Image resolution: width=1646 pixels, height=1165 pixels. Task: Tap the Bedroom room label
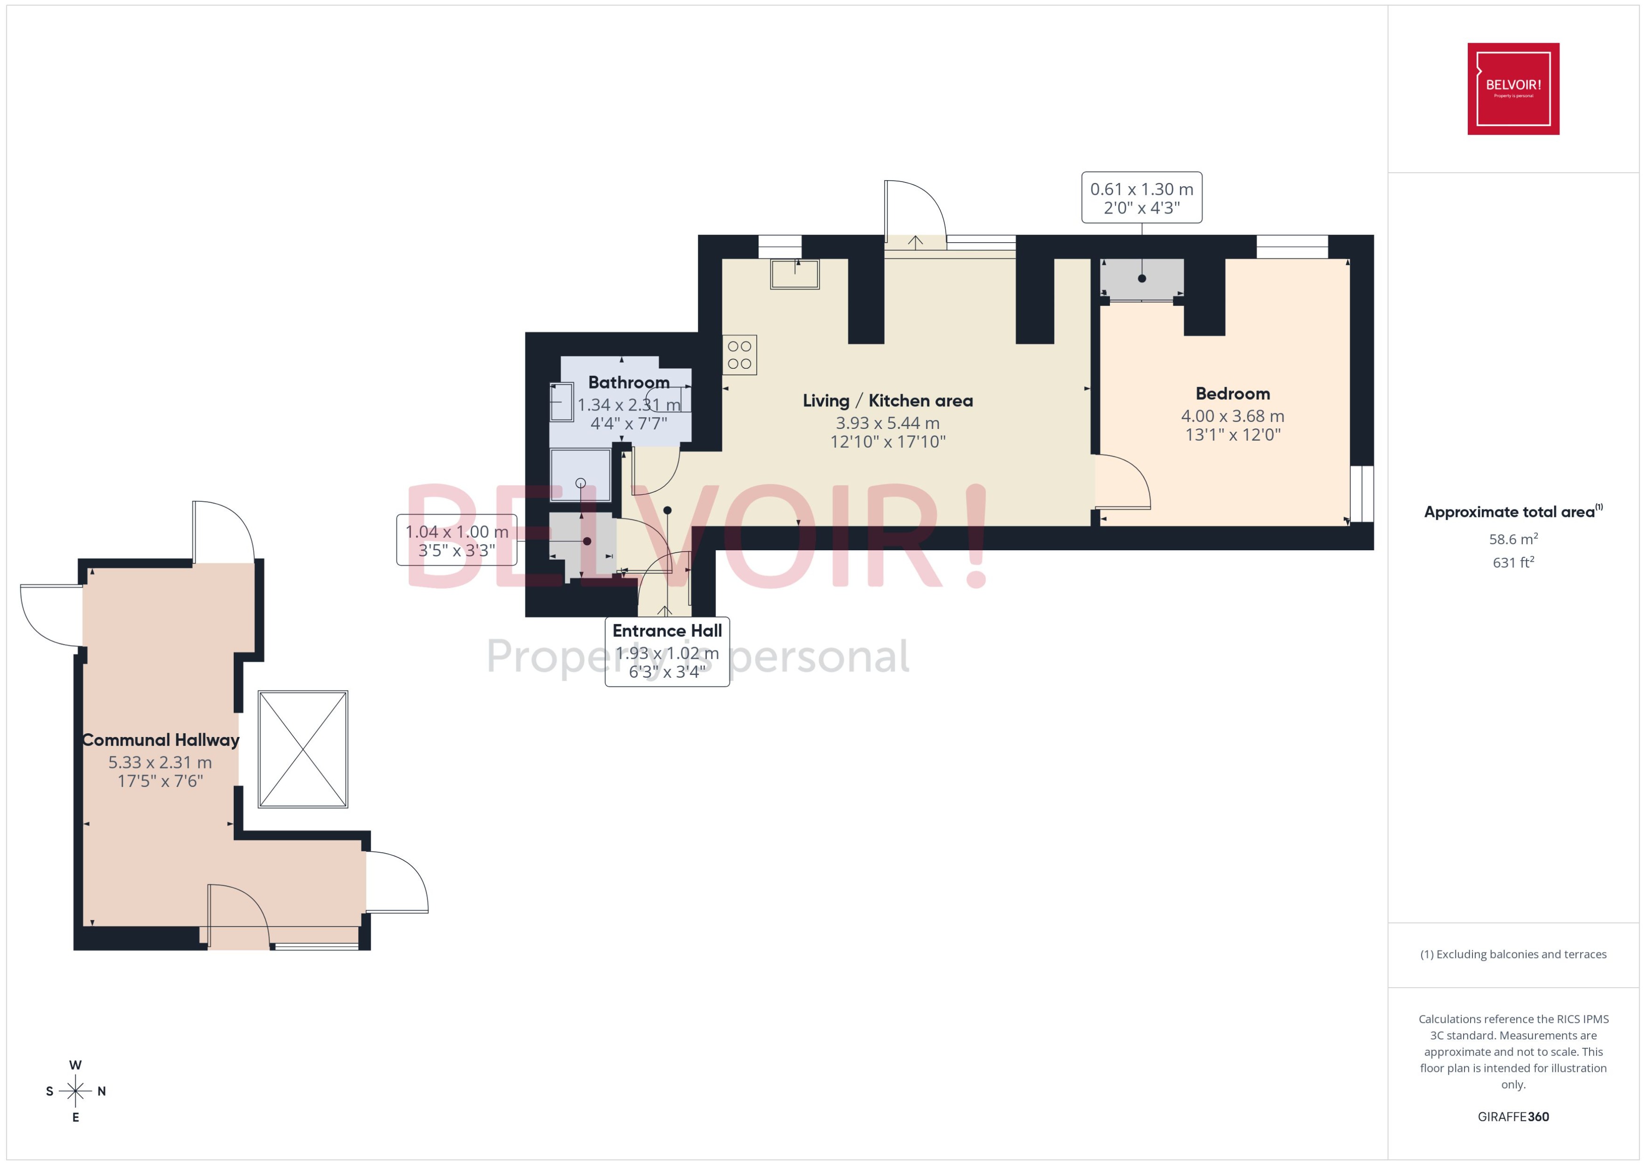tap(1232, 393)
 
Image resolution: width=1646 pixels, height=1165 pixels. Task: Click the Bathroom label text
tap(628, 382)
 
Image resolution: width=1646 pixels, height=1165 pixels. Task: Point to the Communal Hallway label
tap(161, 740)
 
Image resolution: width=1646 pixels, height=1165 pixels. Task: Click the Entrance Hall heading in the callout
tap(666, 631)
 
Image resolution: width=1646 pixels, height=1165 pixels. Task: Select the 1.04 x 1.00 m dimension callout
tap(456, 540)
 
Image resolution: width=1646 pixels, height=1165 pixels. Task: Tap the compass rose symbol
tap(75, 1091)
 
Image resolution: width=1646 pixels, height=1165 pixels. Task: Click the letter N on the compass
tap(102, 1091)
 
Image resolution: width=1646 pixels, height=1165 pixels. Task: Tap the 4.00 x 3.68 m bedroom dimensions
tap(1232, 416)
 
